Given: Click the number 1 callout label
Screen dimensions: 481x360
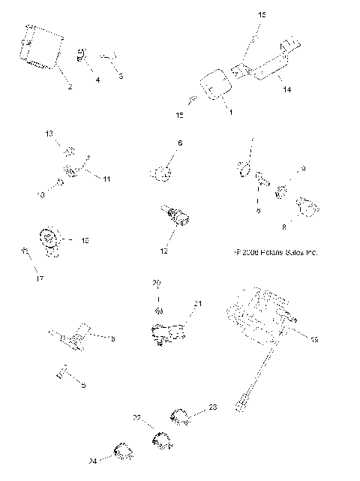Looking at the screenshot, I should [x=230, y=112].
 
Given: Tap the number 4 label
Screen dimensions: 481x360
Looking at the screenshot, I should [x=97, y=79].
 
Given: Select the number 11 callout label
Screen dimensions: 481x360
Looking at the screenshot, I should [x=106, y=179].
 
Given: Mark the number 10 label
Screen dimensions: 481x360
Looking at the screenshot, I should [x=41, y=194].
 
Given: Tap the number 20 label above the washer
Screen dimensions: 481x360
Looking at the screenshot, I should [x=157, y=283].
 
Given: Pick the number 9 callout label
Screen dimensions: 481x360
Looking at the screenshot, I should [x=303, y=169].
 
